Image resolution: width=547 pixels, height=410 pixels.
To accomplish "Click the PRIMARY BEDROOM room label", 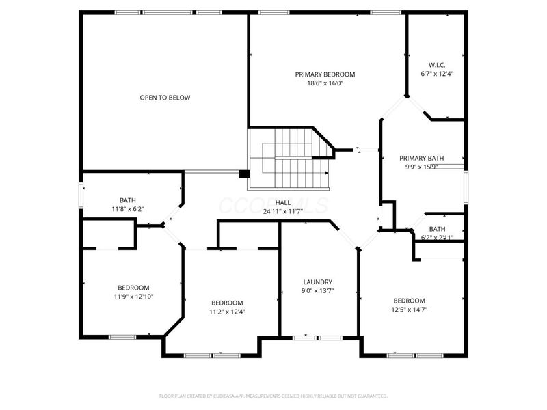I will coord(325,74).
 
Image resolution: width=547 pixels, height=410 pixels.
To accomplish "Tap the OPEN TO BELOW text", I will coord(165,98).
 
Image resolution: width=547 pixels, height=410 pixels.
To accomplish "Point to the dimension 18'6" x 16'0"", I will coord(325,83).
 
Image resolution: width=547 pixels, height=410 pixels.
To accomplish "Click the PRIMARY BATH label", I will coord(422,157).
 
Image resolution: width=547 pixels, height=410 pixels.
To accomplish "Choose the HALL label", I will coord(283,202).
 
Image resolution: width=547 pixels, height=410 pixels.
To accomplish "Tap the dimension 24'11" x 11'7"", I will coord(283,212).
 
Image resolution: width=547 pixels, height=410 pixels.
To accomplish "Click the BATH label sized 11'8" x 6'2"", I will coord(128,200).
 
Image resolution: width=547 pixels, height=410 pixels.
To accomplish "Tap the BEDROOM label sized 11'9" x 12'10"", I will coord(133,288).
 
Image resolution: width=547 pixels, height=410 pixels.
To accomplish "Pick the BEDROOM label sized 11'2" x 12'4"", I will coord(226,303).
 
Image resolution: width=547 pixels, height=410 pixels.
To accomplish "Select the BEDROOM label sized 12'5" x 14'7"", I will coord(409,301).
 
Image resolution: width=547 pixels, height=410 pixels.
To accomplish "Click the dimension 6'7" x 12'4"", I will coord(436,74).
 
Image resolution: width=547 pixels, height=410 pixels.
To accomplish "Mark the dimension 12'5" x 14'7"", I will coord(409,310).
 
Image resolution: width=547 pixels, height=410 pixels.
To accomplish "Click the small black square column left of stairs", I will coord(243,174).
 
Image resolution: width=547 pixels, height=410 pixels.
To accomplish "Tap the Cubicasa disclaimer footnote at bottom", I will coord(273,396).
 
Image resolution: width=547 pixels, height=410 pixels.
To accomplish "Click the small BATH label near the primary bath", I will coord(437,229).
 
